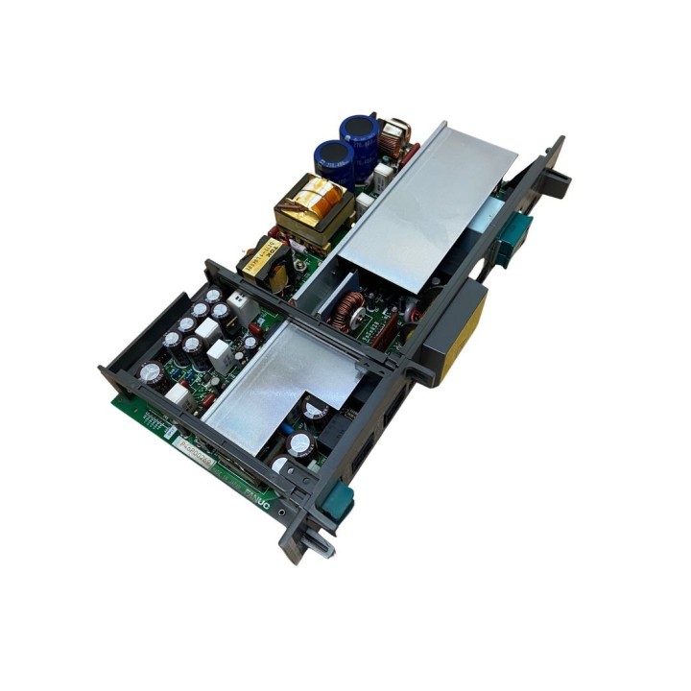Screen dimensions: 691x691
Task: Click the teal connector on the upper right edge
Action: [x=514, y=235]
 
